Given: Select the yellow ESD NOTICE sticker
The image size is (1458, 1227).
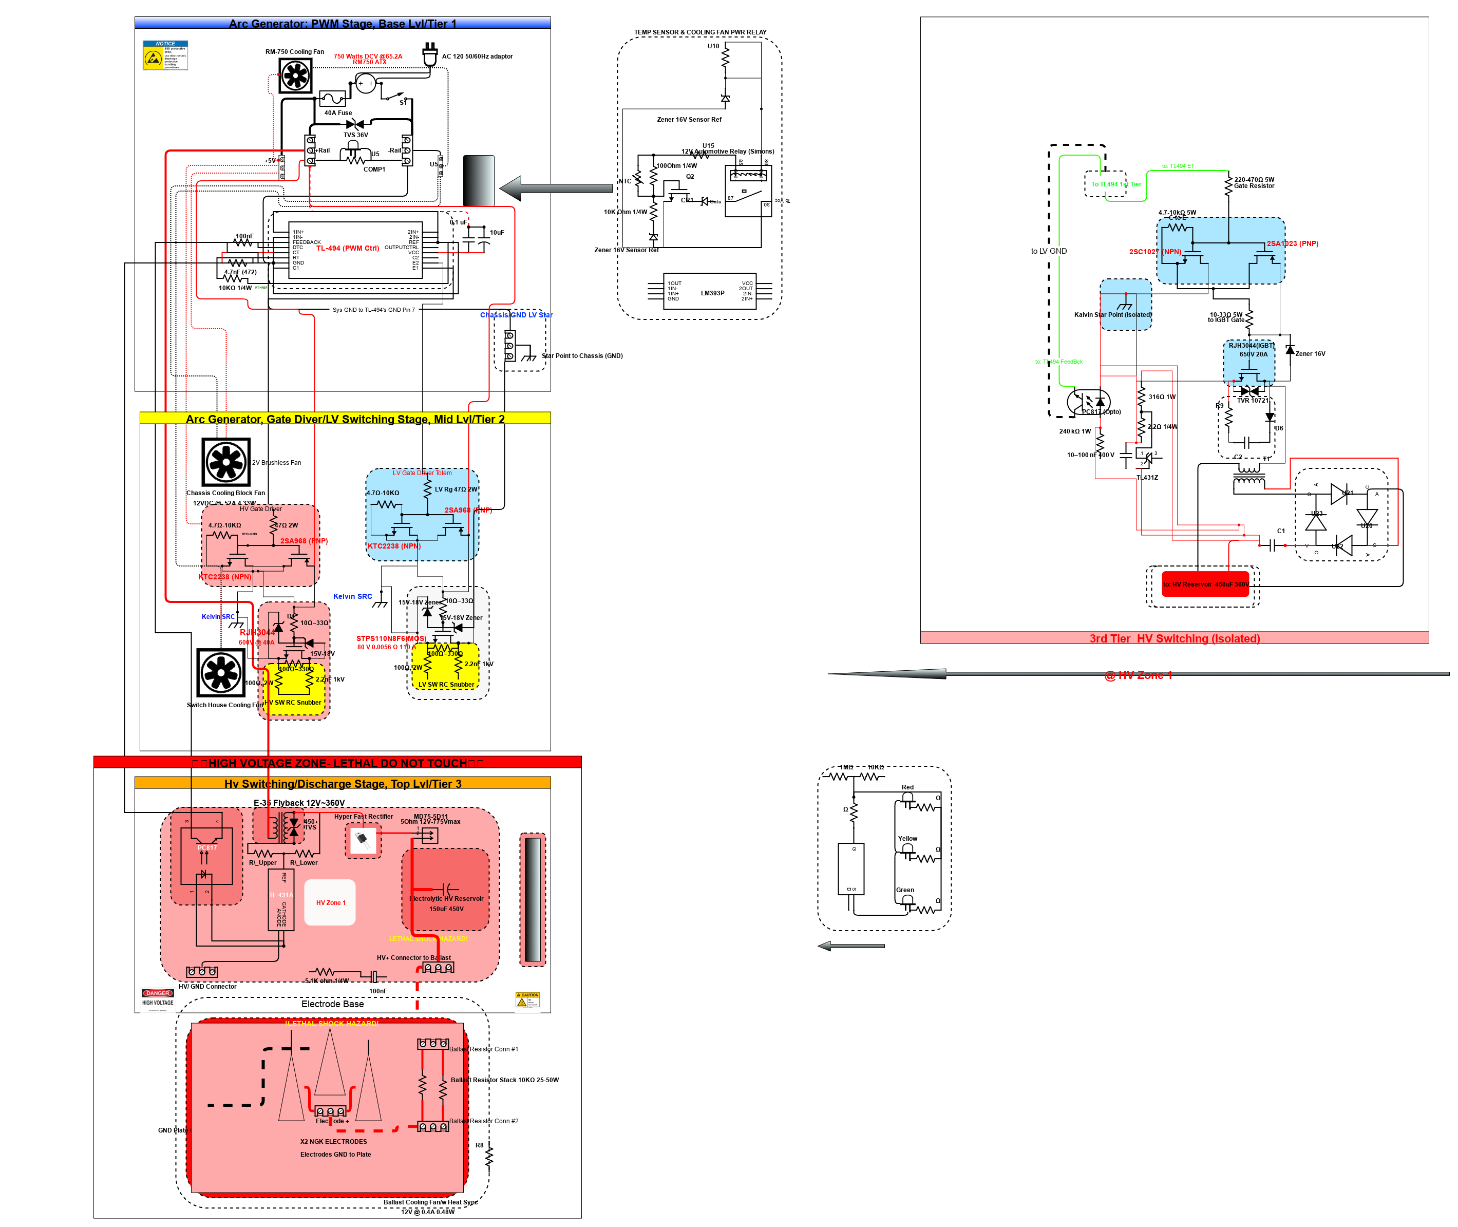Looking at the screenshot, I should pyautogui.click(x=165, y=55).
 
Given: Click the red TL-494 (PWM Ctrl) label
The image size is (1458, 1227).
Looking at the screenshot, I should pyautogui.click(x=347, y=248).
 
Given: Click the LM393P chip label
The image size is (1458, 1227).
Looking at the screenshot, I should pyautogui.click(x=712, y=293).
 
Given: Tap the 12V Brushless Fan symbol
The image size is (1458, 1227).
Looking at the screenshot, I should pyautogui.click(x=225, y=462).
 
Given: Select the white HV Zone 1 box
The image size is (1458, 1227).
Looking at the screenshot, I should pyautogui.click(x=330, y=902).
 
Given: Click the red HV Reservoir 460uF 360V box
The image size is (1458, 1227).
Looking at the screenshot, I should pyautogui.click(x=1205, y=583).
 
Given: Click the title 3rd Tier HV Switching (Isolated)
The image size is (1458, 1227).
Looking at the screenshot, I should pyautogui.click(x=1173, y=638).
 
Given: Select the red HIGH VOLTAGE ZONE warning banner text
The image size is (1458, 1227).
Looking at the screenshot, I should pyautogui.click(x=337, y=763).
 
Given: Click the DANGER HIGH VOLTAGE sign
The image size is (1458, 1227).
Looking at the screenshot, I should pyautogui.click(x=158, y=997).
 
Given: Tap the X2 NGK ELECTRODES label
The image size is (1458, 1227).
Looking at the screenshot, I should pyautogui.click(x=333, y=1141).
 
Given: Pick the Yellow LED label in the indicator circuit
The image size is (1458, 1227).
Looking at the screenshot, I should pyautogui.click(x=906, y=839).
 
